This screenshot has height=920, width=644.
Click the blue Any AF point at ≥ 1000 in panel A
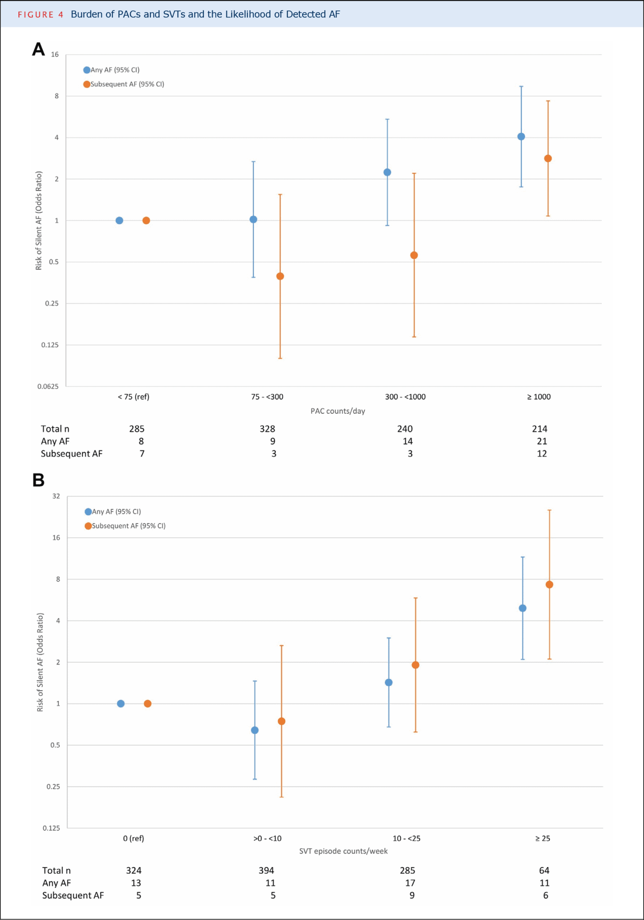coord(521,137)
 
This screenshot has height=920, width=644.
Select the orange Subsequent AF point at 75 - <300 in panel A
coord(280,276)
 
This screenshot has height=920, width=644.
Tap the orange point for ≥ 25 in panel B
coord(549,584)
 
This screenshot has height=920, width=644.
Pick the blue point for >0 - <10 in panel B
coord(255,730)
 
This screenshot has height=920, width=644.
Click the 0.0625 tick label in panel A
coord(48,386)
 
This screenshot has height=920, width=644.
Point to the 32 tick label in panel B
coord(56,496)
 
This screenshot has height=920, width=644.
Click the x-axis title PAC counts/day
coord(338,411)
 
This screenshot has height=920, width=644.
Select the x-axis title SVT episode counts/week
coord(343,851)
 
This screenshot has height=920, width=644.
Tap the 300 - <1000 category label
coord(405,397)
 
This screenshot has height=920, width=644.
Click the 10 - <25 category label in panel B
coord(406,838)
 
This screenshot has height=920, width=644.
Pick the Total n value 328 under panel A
coord(267,429)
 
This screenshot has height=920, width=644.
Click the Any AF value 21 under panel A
coord(542,441)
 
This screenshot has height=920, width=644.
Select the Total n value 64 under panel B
coord(544,870)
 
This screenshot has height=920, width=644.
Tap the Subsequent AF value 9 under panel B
coord(412,895)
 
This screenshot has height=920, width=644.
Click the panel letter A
coord(39,49)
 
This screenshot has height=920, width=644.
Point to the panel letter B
coord(39,480)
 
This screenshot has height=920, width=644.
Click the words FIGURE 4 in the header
coord(40,14)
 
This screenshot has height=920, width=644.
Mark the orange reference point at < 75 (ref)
coord(146,221)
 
